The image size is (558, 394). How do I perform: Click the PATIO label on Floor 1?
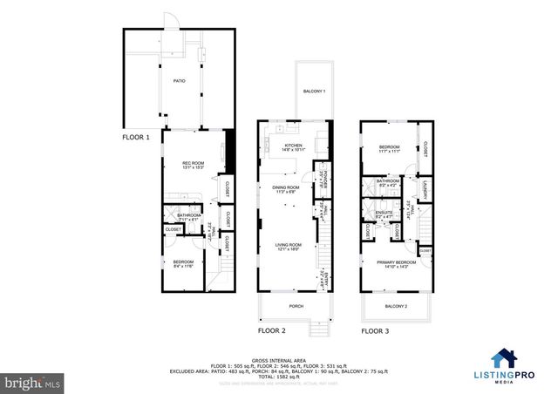[x=179, y=80]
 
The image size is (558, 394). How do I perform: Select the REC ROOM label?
[x=193, y=163]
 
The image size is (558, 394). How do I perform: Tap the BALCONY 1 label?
[x=314, y=92]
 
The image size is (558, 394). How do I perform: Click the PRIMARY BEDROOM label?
[x=395, y=262]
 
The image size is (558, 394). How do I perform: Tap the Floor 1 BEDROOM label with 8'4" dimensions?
[x=182, y=263]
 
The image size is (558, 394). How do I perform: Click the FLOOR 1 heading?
[x=136, y=138]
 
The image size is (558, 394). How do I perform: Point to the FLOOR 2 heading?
[x=271, y=331]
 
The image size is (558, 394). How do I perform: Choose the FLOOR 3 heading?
[x=376, y=331]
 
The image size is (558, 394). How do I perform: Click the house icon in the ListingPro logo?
[x=503, y=358]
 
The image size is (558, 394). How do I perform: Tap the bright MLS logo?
[x=33, y=381]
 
